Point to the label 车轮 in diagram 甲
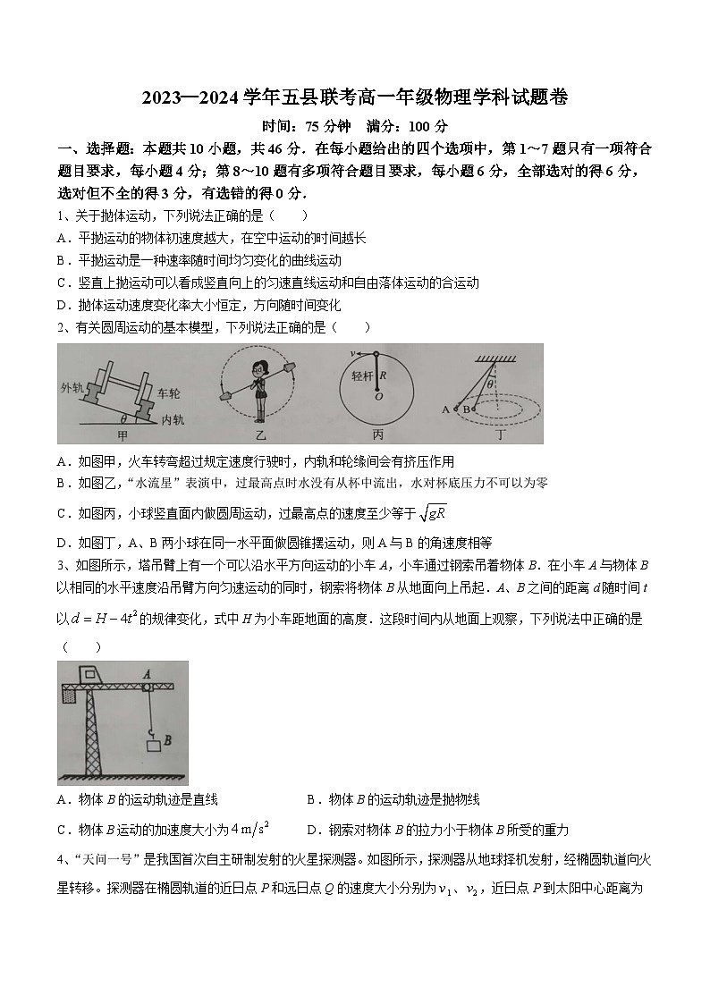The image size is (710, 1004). click(170, 392)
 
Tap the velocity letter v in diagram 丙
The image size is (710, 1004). click(353, 352)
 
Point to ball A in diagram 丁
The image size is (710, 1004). click(446, 409)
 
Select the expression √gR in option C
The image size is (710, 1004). click(434, 513)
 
